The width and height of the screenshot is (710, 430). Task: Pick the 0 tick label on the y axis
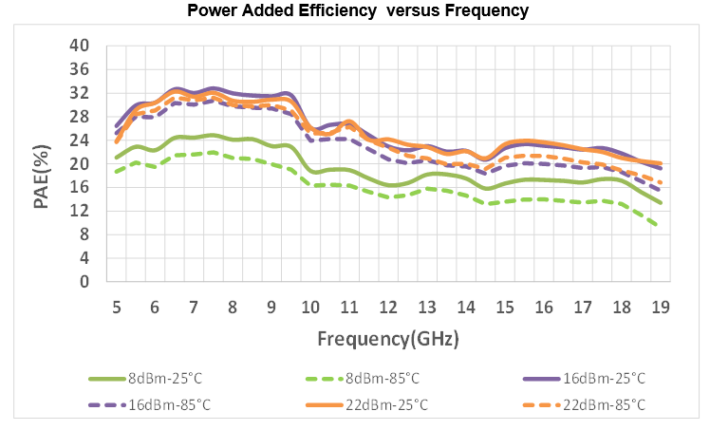84,282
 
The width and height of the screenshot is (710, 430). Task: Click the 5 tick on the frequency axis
116,306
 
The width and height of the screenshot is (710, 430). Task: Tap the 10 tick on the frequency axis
310,306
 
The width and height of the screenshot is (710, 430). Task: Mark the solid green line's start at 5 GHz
116,158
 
